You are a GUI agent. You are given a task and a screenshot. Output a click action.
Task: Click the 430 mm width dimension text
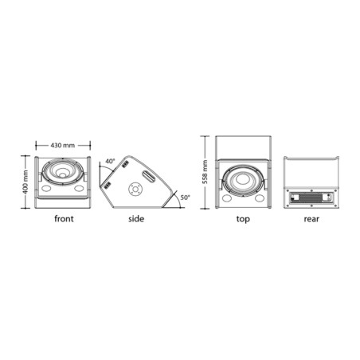pos(63,146)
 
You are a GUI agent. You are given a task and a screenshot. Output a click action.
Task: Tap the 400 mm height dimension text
pos(25,182)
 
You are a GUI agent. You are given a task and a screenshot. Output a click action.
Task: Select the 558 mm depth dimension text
pos(205,172)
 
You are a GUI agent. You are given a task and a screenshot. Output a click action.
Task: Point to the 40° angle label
pos(110,161)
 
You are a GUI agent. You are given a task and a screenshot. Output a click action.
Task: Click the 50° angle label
pos(186,198)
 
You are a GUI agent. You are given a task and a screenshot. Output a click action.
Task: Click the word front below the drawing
pos(64,219)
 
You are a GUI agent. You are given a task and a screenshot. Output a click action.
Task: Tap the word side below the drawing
pos(136,219)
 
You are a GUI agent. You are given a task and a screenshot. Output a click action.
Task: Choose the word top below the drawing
pos(243,219)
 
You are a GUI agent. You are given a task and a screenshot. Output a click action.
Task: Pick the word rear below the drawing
pos(311,219)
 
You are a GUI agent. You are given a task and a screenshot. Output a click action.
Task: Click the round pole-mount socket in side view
pos(135,190)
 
